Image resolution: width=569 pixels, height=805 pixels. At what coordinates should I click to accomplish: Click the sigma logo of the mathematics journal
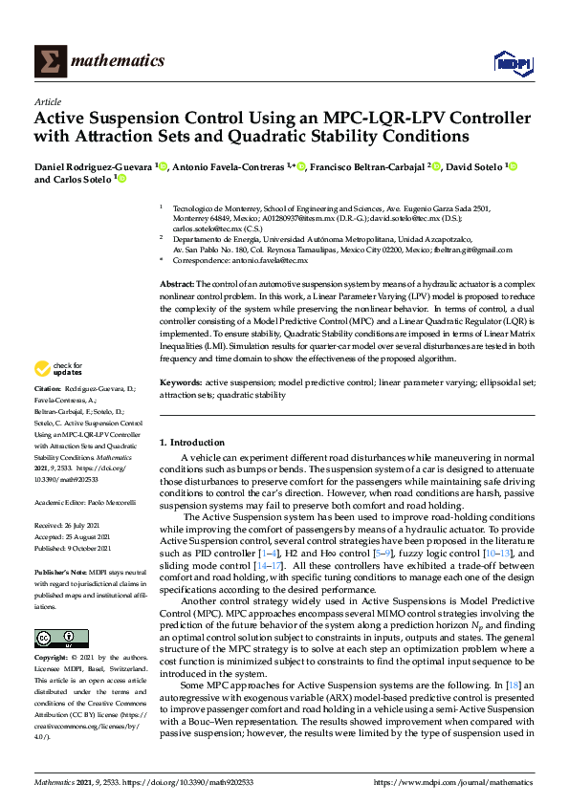[50, 62]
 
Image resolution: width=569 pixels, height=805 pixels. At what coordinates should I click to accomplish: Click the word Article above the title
[48, 100]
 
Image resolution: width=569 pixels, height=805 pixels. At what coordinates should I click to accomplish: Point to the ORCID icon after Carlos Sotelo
[121, 179]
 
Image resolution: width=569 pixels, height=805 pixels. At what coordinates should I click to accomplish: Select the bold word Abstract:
[176, 285]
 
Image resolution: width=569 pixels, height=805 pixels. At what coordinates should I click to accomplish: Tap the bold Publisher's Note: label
[60, 569]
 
